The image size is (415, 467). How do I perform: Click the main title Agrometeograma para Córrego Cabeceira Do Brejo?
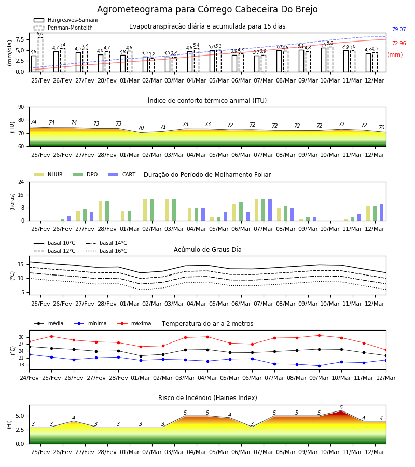point(207,9)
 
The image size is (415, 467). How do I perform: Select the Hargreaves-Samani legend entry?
point(65,20)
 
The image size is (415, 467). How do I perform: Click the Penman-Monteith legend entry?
point(63,28)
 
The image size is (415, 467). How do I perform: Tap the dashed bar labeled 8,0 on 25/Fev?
point(40,54)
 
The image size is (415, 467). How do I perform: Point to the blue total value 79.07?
point(399,29)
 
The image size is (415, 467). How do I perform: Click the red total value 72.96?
point(399,43)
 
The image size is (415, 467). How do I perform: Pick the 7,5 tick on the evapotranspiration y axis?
point(20,39)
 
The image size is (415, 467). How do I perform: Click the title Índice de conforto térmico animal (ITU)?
point(207,100)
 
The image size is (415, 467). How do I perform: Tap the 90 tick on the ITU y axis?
point(21,107)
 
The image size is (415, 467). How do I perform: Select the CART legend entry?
point(122,174)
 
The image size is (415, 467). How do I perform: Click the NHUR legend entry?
point(48,174)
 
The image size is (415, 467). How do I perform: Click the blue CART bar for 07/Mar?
point(270,210)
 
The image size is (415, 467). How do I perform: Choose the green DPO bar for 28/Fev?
point(107,211)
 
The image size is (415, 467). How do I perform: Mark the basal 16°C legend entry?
point(106,251)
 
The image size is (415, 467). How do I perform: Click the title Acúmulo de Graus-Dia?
point(208,249)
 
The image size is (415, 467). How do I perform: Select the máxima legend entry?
point(134,323)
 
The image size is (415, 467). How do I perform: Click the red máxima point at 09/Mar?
point(319,335)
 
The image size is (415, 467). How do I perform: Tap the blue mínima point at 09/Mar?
point(319,366)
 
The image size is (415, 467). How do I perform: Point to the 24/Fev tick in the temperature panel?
point(29,378)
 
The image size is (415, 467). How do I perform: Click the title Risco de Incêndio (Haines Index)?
point(208,398)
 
